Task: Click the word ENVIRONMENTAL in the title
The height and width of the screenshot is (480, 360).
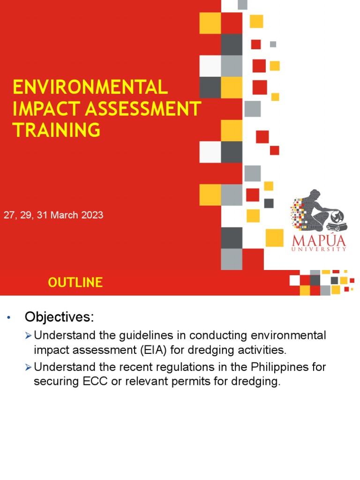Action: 90,88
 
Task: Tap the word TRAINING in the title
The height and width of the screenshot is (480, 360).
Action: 57,129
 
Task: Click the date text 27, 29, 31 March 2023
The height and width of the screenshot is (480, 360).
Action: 53,215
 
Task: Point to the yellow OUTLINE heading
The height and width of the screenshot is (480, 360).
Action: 75,282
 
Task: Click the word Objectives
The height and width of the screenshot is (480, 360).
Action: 59,317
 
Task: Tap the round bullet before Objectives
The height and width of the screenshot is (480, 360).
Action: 8,318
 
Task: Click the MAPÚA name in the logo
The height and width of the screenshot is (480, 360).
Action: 319,241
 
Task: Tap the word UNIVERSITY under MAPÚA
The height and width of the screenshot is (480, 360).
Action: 319,250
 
